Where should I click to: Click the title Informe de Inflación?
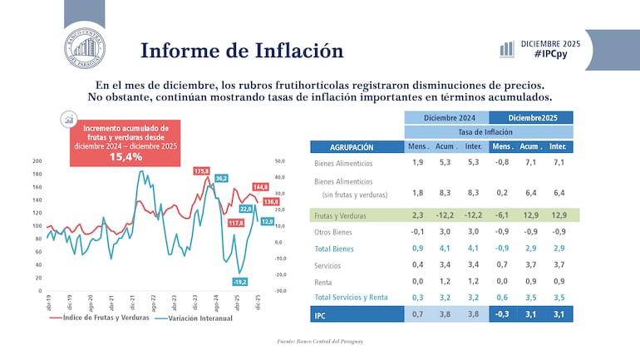coord(242,51)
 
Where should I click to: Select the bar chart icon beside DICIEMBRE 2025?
coord(506,49)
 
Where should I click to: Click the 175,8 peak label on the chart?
coord(201,171)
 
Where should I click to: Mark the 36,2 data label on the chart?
coord(221,178)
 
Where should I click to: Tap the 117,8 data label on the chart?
coord(235,223)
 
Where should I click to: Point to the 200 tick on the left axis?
coord(37,161)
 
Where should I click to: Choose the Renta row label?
coord(324,282)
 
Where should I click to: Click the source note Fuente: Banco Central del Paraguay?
coord(320,341)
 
